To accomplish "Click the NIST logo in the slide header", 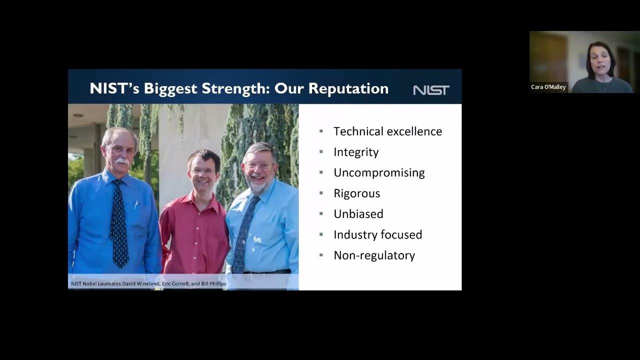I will [431, 90].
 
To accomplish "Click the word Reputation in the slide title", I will [348, 88].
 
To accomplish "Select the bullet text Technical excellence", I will [387, 131].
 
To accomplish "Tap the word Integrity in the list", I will [356, 152].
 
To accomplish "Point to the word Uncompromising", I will [379, 172].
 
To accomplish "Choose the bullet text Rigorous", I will [356, 193].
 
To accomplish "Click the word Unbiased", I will [358, 214].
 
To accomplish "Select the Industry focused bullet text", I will [377, 234].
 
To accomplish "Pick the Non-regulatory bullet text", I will [374, 255].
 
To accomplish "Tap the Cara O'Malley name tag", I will [548, 87].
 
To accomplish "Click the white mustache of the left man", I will [121, 161].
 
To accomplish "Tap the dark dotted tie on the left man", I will [119, 225].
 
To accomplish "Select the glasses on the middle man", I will [203, 170].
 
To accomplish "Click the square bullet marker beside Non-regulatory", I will [321, 255].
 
